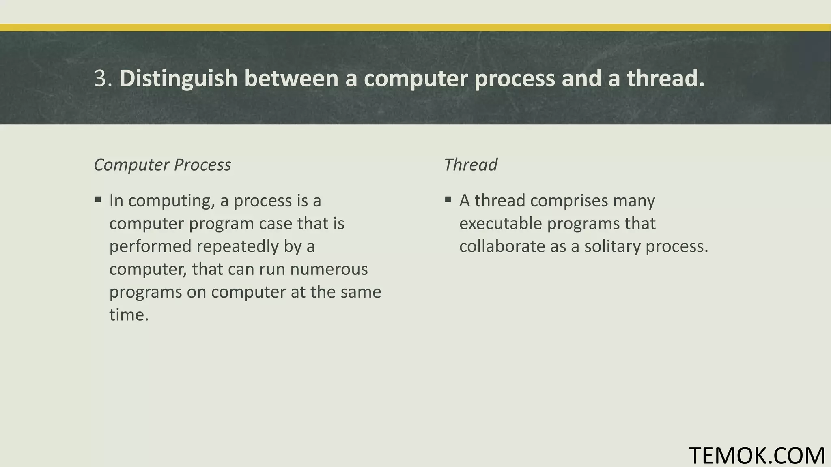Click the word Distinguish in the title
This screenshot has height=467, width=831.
click(x=178, y=78)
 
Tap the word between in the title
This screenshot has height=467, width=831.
click(x=291, y=78)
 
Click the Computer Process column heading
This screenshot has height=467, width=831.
click(x=162, y=165)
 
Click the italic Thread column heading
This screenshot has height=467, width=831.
click(x=470, y=165)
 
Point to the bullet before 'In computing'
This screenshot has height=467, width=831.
click(x=98, y=199)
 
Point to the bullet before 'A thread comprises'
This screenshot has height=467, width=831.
click(x=448, y=199)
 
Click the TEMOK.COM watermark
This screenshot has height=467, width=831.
click(x=757, y=455)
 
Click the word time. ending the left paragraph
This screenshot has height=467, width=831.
click(x=129, y=315)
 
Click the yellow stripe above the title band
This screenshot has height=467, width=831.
click(x=415, y=27)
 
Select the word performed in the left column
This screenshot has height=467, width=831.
click(x=150, y=246)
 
